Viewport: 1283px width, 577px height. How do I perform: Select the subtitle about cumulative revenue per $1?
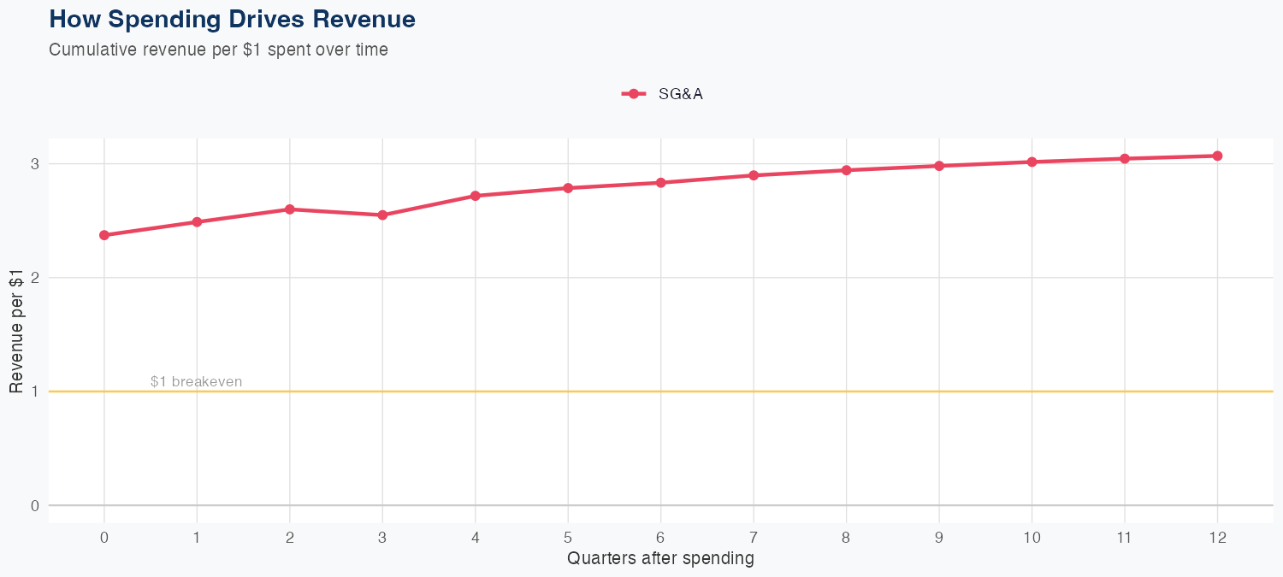coord(219,50)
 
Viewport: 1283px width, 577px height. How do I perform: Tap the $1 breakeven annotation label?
coord(196,381)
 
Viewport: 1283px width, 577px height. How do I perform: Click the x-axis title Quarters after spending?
coord(660,558)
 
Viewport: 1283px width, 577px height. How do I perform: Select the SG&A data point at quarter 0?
coord(104,235)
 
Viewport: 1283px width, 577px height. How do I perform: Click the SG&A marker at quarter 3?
coord(382,215)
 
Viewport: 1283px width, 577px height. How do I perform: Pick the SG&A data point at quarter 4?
coord(476,196)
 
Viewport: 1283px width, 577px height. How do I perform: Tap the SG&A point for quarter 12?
coord(1217,156)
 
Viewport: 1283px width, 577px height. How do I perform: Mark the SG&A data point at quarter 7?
coord(754,175)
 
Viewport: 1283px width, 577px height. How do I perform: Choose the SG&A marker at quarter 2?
coord(290,209)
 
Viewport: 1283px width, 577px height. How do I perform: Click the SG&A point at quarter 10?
coord(1032,162)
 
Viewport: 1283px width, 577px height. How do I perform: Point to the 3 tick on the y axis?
coord(35,164)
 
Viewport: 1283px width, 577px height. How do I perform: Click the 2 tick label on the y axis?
coord(35,278)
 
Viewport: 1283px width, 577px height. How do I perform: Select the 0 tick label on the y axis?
coord(35,505)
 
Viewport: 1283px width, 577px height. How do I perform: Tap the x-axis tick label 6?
coord(660,538)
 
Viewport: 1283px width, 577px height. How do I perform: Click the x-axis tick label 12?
coord(1217,538)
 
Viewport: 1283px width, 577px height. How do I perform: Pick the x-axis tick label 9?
coord(939,538)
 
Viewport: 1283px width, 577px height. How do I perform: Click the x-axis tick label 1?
coord(197,538)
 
